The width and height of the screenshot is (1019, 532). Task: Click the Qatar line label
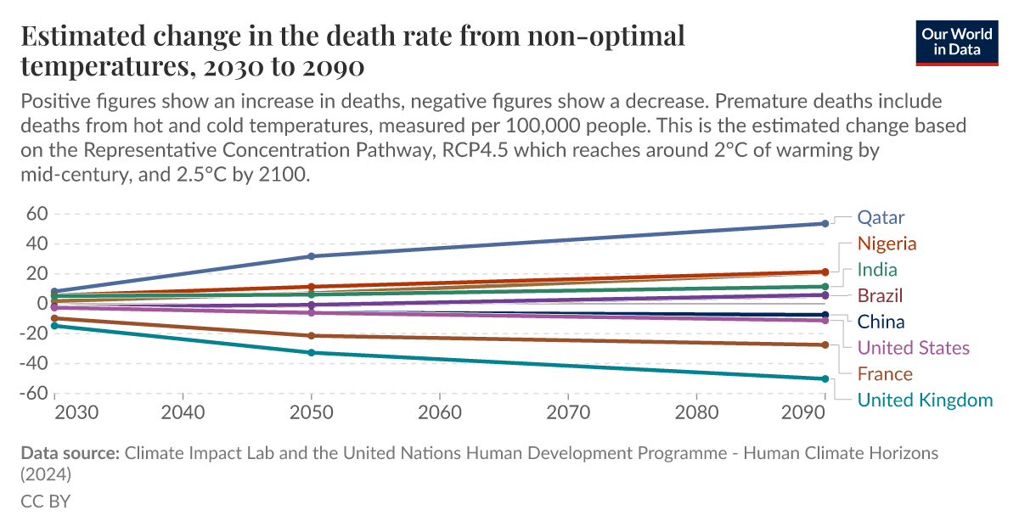pos(881,217)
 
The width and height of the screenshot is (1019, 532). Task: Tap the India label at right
pos(877,270)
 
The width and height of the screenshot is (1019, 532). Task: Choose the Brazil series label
pos(880,296)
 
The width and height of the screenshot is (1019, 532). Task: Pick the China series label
pos(881,322)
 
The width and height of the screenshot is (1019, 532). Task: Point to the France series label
pos(885,374)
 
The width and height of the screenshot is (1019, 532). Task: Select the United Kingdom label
pos(925,400)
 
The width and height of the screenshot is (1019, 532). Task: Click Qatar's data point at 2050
pos(312,256)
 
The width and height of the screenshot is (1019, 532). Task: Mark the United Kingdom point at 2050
pos(312,352)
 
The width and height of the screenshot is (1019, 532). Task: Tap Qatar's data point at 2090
pos(825,224)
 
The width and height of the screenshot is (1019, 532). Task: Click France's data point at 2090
pos(825,344)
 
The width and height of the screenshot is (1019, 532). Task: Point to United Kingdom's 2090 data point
pos(825,378)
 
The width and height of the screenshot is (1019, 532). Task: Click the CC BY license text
pos(45,501)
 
